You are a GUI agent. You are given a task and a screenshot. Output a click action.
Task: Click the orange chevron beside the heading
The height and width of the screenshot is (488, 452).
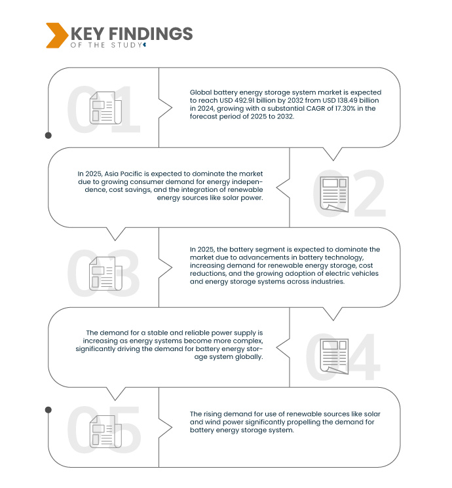[57, 35]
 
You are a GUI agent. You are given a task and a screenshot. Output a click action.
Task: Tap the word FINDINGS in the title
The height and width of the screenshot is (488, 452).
[151, 33]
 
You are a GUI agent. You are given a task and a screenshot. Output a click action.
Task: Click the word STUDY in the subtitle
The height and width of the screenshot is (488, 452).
[126, 45]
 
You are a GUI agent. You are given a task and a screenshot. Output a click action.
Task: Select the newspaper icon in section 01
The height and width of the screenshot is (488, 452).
[105, 107]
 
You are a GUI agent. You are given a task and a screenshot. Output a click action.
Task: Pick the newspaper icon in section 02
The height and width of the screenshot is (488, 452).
[334, 194]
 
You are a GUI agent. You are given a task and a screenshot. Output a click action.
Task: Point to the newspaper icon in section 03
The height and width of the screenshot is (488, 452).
[105, 273]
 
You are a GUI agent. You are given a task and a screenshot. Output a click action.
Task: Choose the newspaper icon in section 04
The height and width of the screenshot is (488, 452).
[334, 356]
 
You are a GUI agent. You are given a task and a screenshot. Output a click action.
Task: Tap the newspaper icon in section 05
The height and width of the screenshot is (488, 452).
[105, 432]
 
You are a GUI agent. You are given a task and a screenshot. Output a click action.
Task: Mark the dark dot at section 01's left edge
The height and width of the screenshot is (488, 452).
[48, 136]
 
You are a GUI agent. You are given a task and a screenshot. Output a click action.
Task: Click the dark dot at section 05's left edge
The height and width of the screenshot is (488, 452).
[48, 410]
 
